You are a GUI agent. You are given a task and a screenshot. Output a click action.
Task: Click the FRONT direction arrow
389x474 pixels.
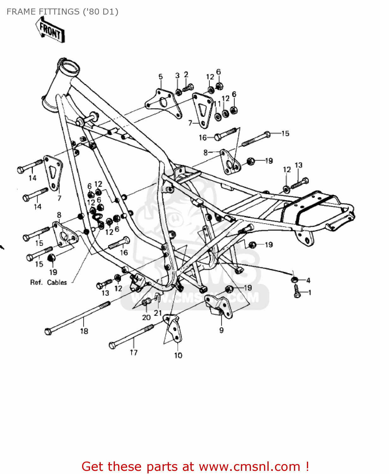[51, 31]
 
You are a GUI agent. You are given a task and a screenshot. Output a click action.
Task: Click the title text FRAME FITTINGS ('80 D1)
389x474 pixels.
[62, 12]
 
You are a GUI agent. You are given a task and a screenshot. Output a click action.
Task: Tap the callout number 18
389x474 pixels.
[84, 331]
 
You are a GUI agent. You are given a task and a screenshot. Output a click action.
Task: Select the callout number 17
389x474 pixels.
[134, 352]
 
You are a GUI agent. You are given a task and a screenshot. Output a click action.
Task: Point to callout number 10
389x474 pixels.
[178, 355]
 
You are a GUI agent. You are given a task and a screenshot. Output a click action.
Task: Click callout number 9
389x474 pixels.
[221, 330]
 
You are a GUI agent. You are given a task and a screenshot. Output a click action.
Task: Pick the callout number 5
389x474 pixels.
[160, 77]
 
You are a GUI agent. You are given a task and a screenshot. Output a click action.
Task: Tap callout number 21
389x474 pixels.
[158, 313]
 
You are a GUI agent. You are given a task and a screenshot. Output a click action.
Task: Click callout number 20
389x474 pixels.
[146, 317]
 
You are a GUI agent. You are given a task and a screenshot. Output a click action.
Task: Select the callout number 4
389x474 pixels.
[308, 280]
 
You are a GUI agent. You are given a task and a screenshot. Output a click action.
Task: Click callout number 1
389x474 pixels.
[310, 293]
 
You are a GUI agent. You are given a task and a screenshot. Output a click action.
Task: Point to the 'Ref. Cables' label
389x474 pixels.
[48, 283]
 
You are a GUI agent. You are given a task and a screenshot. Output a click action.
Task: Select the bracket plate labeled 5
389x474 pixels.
[163, 103]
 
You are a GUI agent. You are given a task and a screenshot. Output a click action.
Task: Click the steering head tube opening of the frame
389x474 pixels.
[69, 67]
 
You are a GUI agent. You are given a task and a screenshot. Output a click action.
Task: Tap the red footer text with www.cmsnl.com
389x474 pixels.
[195, 467]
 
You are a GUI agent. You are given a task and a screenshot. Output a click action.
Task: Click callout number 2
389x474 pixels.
[186, 75]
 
